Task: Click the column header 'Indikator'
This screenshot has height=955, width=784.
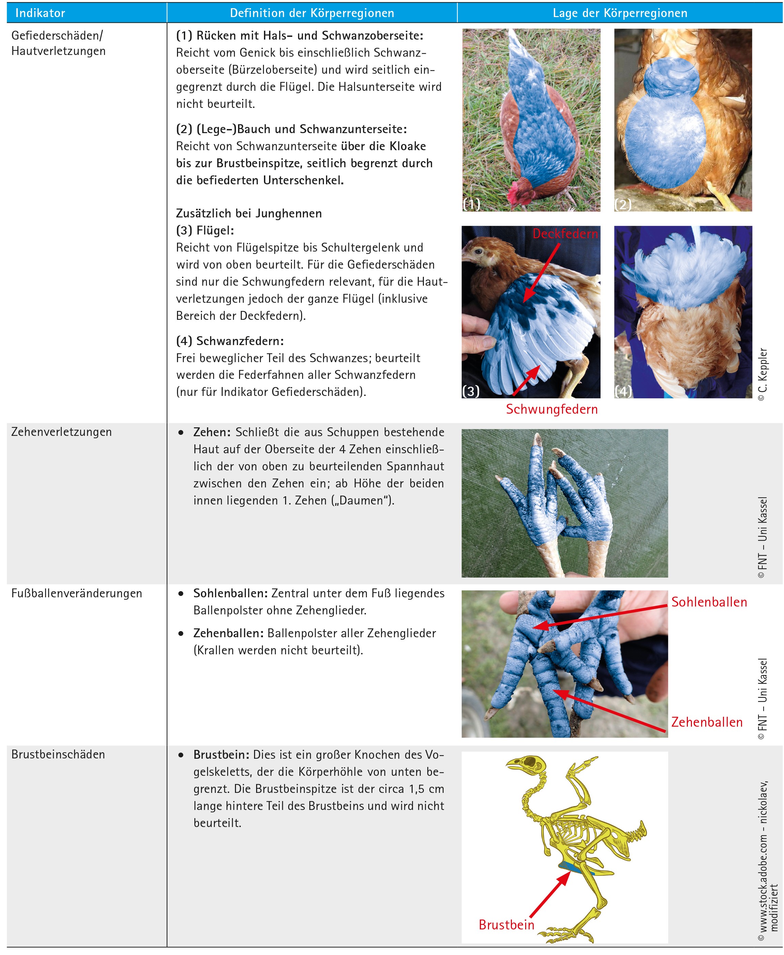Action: (40, 13)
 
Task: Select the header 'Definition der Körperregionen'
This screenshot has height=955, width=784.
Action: (312, 13)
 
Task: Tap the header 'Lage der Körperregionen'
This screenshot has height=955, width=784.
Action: (620, 13)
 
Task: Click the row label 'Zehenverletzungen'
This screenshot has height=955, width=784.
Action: (61, 432)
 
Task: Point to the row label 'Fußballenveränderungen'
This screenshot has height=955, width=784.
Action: (77, 594)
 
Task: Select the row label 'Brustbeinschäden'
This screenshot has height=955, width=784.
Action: (58, 755)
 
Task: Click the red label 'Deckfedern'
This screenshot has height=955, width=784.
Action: (565, 234)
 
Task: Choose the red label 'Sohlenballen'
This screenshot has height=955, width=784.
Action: (709, 602)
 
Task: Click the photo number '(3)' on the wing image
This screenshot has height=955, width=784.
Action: (471, 391)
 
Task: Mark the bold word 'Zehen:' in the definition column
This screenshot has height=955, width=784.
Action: (212, 432)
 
